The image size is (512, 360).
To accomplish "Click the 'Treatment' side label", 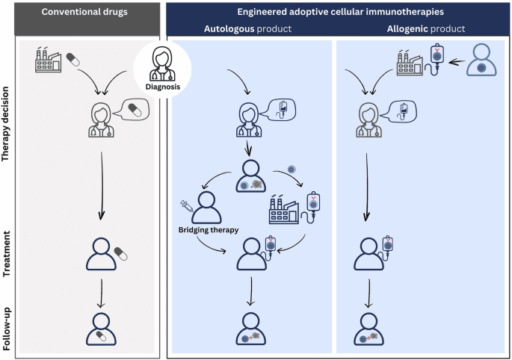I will point(8,253).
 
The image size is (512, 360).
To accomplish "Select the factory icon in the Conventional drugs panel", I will point(48,60).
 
